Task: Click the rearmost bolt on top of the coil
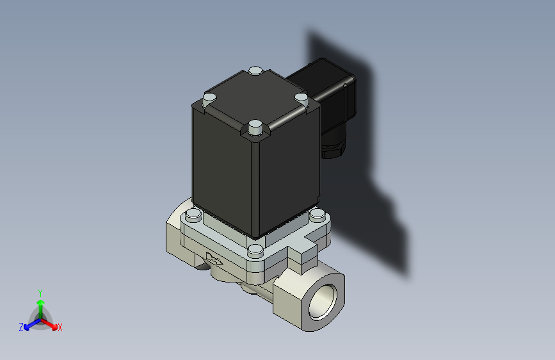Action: [255, 70]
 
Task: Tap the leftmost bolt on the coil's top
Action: [209, 99]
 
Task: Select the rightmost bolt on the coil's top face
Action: [302, 97]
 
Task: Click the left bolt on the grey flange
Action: [193, 215]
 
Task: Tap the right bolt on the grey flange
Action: [317, 215]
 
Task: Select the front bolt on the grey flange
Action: [255, 249]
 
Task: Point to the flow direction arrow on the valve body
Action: [215, 259]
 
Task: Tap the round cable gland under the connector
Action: [333, 148]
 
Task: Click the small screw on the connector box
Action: [346, 83]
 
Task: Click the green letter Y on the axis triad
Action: [40, 291]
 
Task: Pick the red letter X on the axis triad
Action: [60, 328]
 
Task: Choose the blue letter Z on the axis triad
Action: [21, 327]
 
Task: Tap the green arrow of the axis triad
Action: [40, 304]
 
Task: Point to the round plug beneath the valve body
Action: [246, 290]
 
